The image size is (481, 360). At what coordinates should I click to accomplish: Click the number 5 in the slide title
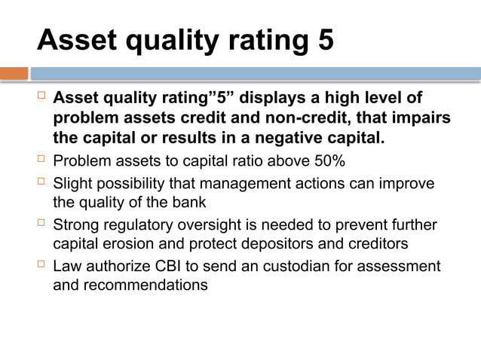tap(323, 40)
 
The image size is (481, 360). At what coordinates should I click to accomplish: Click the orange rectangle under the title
tap(14, 74)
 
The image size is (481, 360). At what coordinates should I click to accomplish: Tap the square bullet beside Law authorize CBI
tap(42, 266)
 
